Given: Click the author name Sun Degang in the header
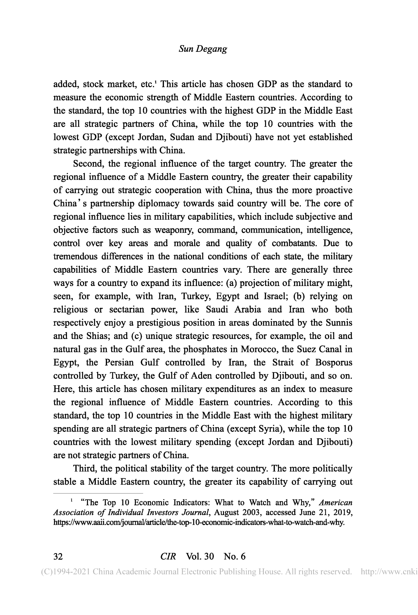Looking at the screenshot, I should (203, 49).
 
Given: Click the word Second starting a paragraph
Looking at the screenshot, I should (88, 164).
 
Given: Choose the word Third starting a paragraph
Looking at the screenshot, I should (84, 469).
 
